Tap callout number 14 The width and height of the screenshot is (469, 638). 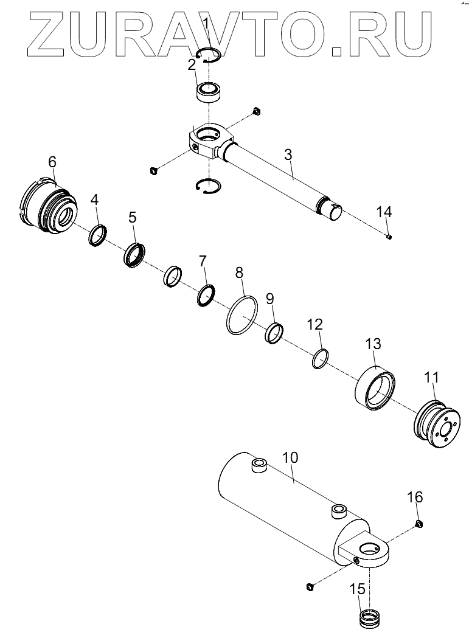384,212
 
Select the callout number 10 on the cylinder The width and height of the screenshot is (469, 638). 290,457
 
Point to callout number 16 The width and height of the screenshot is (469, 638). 414,498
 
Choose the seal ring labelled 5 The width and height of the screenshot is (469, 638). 135,254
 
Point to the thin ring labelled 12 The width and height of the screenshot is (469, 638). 321,359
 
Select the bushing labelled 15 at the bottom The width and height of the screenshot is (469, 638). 369,619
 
